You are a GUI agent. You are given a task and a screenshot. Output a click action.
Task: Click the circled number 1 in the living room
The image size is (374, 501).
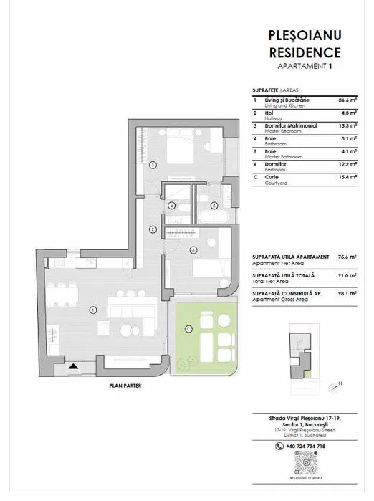[x=93, y=310]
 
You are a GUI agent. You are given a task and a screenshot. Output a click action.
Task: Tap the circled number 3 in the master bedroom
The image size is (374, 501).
[x=153, y=165]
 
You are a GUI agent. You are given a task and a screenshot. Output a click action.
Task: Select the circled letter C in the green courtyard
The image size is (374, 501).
[x=188, y=329]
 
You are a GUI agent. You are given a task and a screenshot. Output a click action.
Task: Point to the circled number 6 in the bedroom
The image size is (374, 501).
[x=193, y=249]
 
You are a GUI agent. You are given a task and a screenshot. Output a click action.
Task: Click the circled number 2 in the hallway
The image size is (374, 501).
[x=153, y=229]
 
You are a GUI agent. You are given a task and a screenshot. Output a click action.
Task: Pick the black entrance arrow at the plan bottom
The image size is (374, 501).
[x=73, y=366]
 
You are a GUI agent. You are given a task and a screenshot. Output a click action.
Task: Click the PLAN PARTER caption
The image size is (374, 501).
[x=125, y=386]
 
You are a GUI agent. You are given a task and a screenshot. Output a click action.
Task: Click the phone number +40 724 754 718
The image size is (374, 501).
[x=305, y=446]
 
